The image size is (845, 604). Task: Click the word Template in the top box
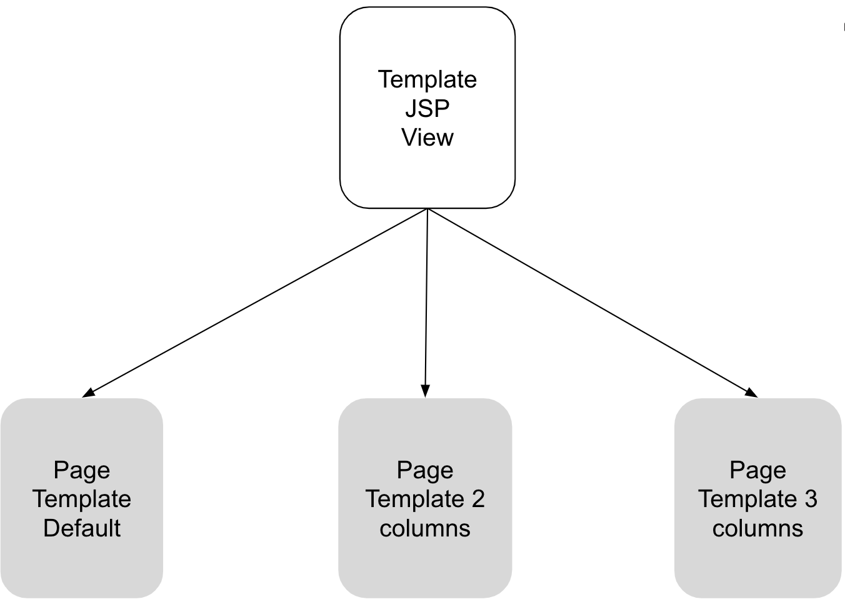(x=427, y=79)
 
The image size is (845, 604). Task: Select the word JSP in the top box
(x=427, y=108)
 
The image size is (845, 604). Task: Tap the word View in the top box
(x=427, y=138)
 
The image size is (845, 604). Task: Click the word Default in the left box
(x=82, y=528)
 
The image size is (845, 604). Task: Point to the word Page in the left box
(x=82, y=470)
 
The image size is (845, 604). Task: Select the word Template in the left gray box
(x=82, y=499)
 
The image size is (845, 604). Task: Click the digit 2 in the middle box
(x=477, y=499)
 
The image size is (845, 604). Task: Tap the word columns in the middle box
(x=425, y=528)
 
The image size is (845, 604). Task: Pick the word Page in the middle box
(x=425, y=470)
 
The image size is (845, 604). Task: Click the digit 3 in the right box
(x=811, y=499)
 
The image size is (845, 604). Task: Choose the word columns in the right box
(x=757, y=528)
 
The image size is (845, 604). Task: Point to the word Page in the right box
(x=757, y=470)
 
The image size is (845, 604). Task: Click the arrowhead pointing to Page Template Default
(x=89, y=393)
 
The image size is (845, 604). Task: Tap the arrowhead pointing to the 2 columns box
(x=425, y=391)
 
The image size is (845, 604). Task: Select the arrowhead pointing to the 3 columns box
(x=751, y=393)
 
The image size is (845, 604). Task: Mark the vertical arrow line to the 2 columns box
(x=426, y=300)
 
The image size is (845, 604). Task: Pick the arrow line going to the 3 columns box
(x=591, y=301)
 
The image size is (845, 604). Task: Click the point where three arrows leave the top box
(x=427, y=209)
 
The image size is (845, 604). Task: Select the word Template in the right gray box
(x=747, y=499)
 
